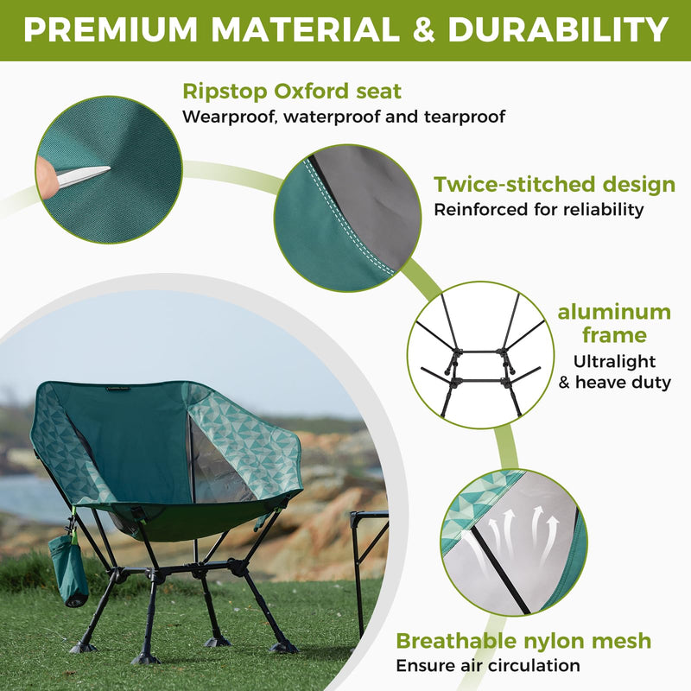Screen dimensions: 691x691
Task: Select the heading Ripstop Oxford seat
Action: pyautogui.click(x=292, y=91)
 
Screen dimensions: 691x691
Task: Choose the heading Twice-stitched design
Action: pyautogui.click(x=554, y=184)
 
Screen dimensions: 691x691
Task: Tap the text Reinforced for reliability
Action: pyautogui.click(x=539, y=209)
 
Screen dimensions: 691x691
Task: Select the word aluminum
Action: pyautogui.click(x=614, y=312)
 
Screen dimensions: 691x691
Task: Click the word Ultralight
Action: pyautogui.click(x=615, y=361)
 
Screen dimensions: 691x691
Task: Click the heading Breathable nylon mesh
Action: pyautogui.click(x=523, y=641)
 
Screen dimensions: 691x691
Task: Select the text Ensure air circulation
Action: pyautogui.click(x=488, y=666)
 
